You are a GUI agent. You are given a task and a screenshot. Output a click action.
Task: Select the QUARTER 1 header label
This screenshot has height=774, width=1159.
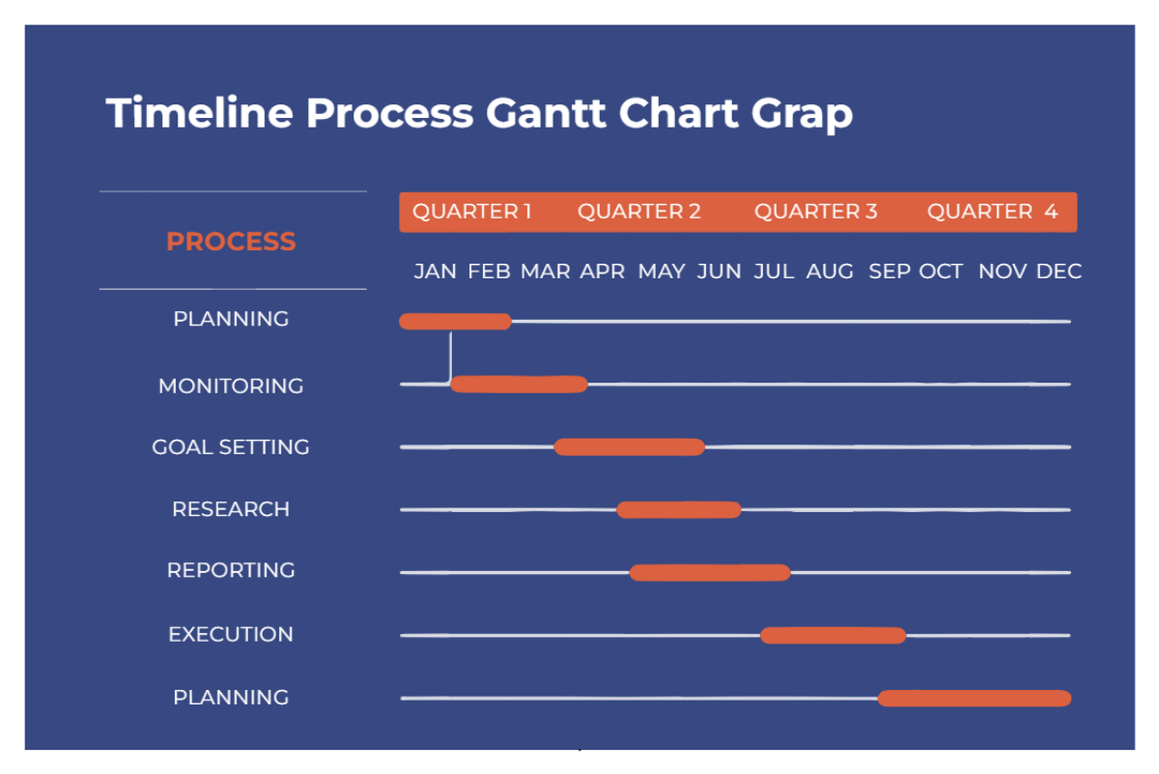click(x=471, y=212)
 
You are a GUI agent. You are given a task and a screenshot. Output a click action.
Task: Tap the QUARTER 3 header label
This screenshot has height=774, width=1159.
click(x=815, y=212)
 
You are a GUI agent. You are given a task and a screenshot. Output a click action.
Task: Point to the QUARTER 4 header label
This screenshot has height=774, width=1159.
click(x=992, y=212)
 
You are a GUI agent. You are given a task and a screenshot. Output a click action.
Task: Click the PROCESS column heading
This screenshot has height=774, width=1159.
click(x=231, y=242)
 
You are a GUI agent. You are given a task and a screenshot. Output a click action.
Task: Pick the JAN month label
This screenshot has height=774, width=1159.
click(x=435, y=272)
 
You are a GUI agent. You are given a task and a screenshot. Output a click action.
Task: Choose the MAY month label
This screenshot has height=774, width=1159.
click(x=662, y=272)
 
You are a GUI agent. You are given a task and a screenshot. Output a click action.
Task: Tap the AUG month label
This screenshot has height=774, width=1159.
click(x=830, y=272)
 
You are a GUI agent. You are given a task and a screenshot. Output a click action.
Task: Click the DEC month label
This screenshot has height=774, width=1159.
click(x=1059, y=272)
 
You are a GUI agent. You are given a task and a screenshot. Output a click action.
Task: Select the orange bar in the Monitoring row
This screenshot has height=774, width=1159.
click(x=519, y=385)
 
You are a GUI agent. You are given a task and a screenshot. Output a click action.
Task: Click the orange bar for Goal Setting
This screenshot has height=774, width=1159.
click(x=629, y=446)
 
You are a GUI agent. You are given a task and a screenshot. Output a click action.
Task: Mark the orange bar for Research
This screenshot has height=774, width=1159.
click(x=679, y=509)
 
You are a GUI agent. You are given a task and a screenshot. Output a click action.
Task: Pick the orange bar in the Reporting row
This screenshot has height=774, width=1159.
click(x=710, y=572)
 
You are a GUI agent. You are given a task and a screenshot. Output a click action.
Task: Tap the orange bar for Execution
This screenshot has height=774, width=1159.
click(x=833, y=635)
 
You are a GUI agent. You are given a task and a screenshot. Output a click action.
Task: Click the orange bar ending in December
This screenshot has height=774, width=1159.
click(x=975, y=698)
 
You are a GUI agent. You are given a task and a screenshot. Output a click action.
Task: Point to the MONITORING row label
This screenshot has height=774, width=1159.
click(x=231, y=386)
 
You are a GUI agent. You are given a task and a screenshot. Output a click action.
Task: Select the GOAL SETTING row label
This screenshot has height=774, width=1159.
click(x=231, y=447)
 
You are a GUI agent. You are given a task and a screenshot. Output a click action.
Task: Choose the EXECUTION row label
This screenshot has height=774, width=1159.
click(x=231, y=635)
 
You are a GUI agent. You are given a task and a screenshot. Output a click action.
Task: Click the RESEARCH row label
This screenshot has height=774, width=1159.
click(x=231, y=509)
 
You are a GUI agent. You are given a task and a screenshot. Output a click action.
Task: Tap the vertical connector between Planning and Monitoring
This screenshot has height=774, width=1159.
click(x=449, y=356)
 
